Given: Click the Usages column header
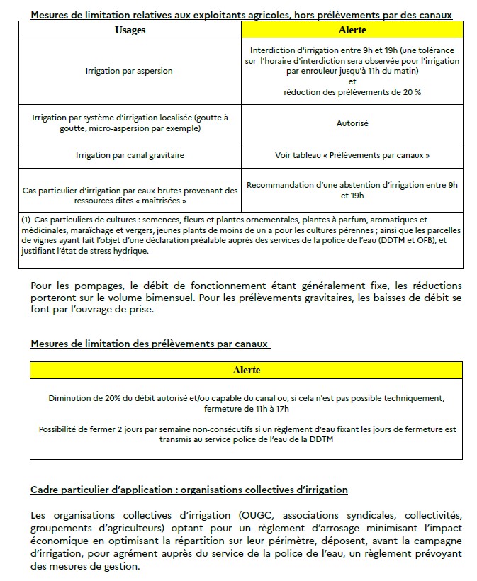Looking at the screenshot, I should pyautogui.click(x=130, y=30).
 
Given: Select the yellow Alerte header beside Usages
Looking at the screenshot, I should pyautogui.click(x=352, y=30).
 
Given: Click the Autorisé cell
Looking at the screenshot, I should pyautogui.click(x=352, y=123).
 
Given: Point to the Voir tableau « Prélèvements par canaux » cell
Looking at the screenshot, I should pyautogui.click(x=352, y=154).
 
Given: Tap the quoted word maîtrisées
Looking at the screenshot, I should pyautogui.click(x=155, y=201).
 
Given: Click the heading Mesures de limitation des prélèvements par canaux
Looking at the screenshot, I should pyautogui.click(x=150, y=344).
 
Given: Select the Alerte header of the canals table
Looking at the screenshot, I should pyautogui.click(x=246, y=370).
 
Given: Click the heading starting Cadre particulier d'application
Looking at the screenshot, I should pyautogui.click(x=189, y=490).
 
